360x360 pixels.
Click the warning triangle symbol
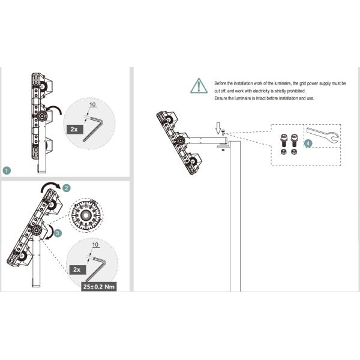[199, 86]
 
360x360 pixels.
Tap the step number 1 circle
[7, 170]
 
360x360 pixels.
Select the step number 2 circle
[67, 188]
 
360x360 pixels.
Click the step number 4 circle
[308, 144]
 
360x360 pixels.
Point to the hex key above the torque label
[96, 267]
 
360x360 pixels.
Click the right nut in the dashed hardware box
[292, 153]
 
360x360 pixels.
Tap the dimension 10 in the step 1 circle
[92, 105]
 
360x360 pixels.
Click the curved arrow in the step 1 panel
[55, 110]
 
